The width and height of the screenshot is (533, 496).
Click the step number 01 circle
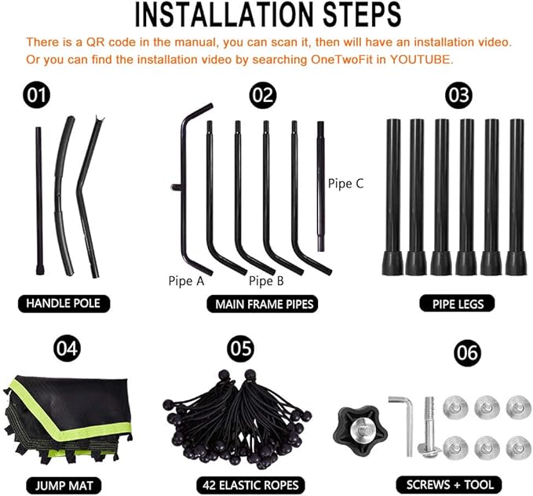(x=36, y=95)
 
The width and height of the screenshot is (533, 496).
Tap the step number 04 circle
(x=67, y=348)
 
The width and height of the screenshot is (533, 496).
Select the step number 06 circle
(x=467, y=352)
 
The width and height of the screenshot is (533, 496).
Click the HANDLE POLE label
(x=64, y=303)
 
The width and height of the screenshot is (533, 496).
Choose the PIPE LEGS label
(x=457, y=304)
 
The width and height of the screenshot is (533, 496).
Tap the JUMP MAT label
(x=64, y=486)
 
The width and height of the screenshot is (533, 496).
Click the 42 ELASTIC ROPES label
(x=250, y=485)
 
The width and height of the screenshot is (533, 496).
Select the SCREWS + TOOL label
(x=449, y=484)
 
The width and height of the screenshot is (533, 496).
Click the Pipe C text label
(x=345, y=184)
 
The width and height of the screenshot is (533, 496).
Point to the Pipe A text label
(x=186, y=281)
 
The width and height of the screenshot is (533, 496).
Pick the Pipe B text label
(x=266, y=281)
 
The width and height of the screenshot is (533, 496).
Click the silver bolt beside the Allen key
(x=429, y=427)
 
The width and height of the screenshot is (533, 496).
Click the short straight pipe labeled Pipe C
(x=321, y=186)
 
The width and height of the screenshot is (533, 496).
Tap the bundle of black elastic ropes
(x=238, y=419)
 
